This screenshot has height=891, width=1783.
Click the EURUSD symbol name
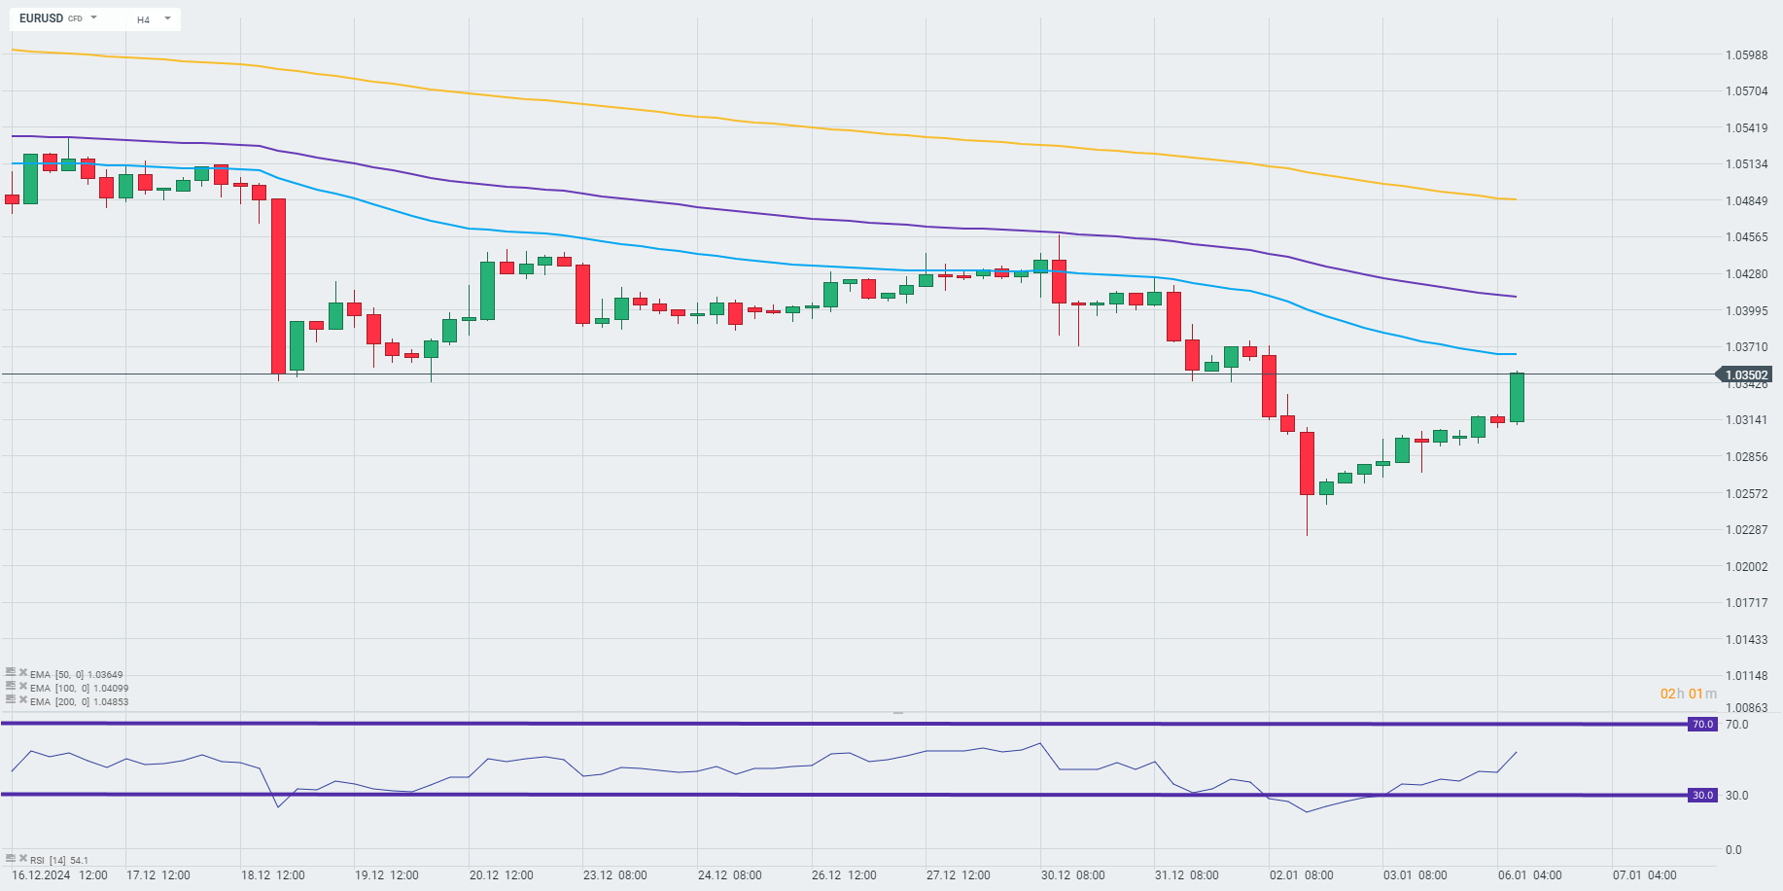tap(41, 18)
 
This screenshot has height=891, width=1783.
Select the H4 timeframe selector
tap(144, 19)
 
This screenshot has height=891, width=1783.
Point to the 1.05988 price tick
tap(1746, 54)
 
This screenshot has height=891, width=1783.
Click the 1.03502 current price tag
tap(1746, 374)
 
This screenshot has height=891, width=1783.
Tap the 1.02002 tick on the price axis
tap(1746, 566)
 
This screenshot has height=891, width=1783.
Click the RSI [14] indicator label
tap(58, 860)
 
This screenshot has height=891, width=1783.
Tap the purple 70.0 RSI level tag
tap(1702, 724)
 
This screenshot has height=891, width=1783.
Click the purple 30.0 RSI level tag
tap(1702, 795)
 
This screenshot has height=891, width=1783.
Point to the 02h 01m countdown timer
tap(1688, 694)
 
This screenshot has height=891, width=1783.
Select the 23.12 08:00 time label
tap(614, 874)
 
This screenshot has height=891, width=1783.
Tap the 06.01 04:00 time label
tap(1529, 874)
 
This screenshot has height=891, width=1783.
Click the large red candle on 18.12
tap(278, 286)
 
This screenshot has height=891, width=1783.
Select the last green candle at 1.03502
tap(1517, 397)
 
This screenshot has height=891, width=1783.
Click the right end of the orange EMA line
tap(1515, 199)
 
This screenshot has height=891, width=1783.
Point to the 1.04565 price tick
tap(1746, 237)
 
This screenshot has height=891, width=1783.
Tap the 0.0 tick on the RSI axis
tap(1733, 849)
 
